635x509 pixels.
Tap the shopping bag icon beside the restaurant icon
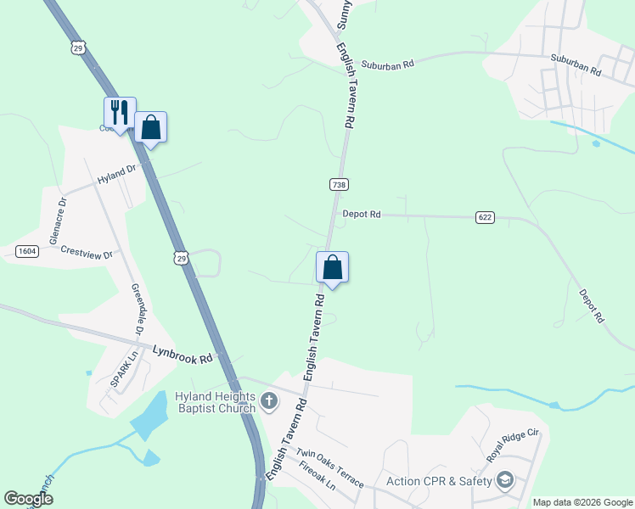tap(150, 127)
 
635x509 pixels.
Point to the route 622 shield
tap(485, 218)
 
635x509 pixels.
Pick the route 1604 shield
tap(26, 251)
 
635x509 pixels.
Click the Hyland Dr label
tap(116, 176)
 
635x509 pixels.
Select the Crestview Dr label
tap(87, 253)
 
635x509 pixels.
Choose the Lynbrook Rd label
tap(183, 354)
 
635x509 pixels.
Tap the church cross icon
tap(269, 400)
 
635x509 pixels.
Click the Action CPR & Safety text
tap(440, 482)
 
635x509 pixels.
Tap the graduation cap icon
tap(506, 481)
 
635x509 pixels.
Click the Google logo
tap(28, 499)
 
